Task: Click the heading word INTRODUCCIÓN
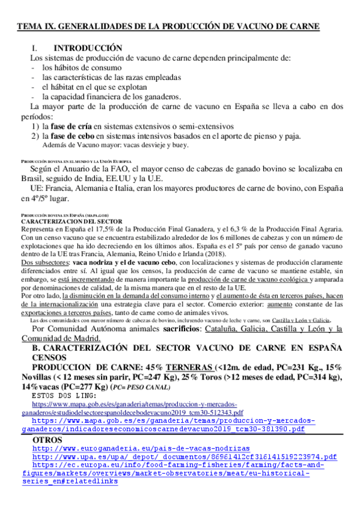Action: click(x=88, y=48)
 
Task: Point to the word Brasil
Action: click(x=32, y=179)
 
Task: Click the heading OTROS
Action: click(x=48, y=440)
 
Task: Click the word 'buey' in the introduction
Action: click(x=179, y=146)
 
